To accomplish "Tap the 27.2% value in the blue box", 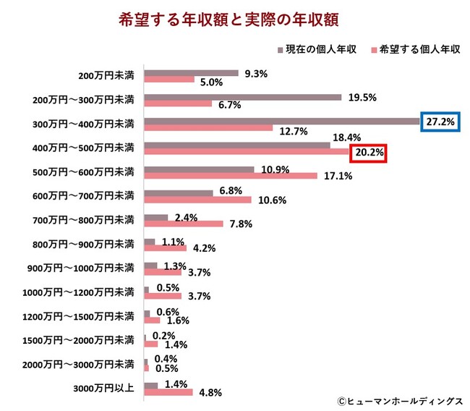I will point(440,122).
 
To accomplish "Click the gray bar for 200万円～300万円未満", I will point(243,97).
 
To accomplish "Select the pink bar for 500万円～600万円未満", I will point(231,175).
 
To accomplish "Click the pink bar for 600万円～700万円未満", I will point(197,200).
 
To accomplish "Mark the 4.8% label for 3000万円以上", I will point(209,393).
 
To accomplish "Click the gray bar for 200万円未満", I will point(191,73).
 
